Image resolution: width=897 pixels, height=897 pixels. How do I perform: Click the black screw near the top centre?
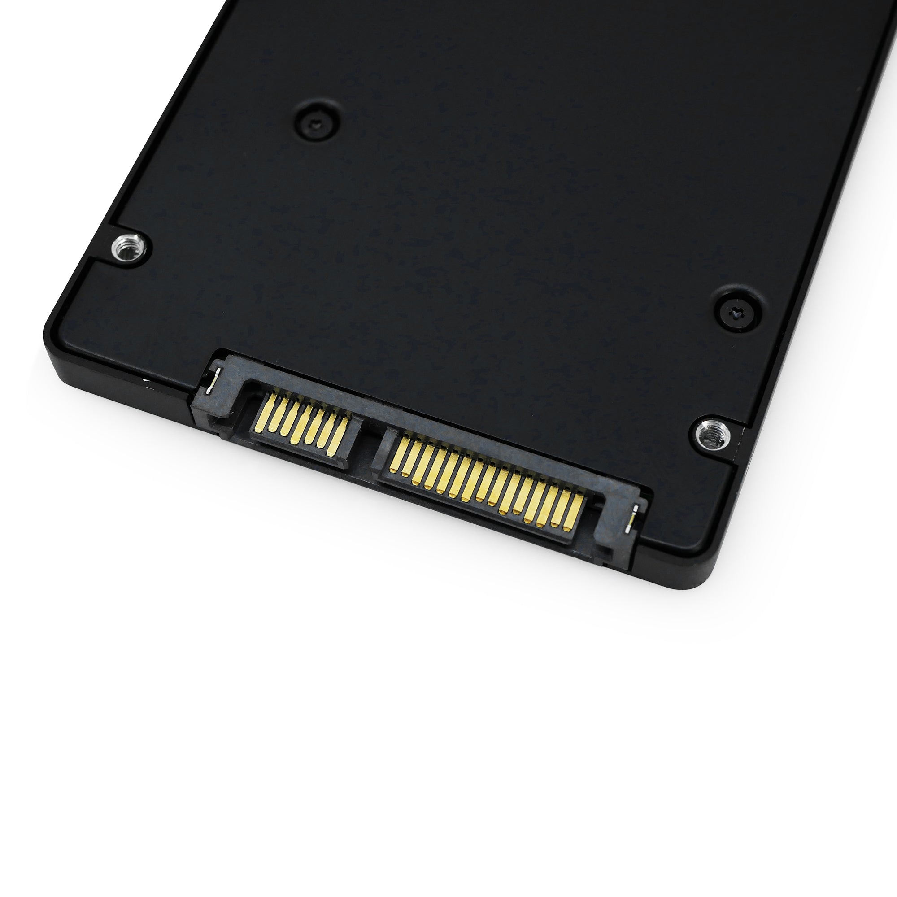[317, 124]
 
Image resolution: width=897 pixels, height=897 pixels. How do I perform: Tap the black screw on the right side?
[737, 314]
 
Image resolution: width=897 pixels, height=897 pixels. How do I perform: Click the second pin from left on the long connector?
[409, 460]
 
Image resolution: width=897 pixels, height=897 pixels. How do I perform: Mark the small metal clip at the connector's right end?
[632, 520]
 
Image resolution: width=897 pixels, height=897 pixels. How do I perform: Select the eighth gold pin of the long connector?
[479, 483]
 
